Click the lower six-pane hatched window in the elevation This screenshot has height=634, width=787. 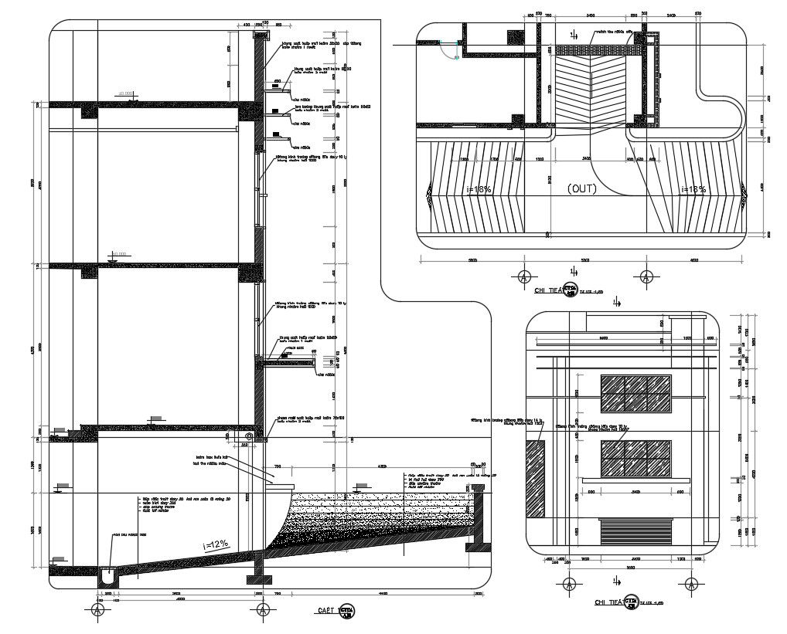635,459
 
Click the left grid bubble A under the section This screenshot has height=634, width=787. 97,610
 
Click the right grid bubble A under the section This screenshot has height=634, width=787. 262,610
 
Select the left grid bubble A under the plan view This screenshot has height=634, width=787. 524,276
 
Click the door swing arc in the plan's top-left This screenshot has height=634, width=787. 450,48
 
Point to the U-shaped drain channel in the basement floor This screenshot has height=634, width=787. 107,575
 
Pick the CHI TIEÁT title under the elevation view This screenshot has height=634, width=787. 608,602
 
